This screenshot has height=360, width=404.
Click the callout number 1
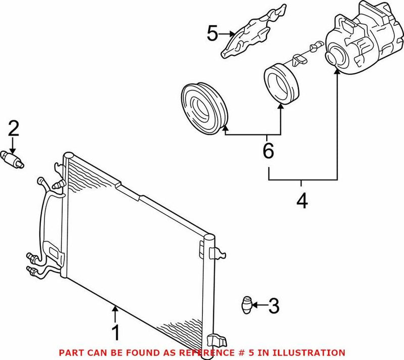tap(115, 333)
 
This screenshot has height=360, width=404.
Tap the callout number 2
tap(13, 129)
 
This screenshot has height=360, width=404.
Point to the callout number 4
tap(301, 201)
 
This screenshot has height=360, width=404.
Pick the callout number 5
tap(213, 34)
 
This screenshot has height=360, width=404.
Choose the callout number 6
tap(268, 150)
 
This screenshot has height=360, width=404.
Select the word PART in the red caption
tap(70, 352)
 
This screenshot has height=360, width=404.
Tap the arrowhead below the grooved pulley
tap(224, 129)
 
